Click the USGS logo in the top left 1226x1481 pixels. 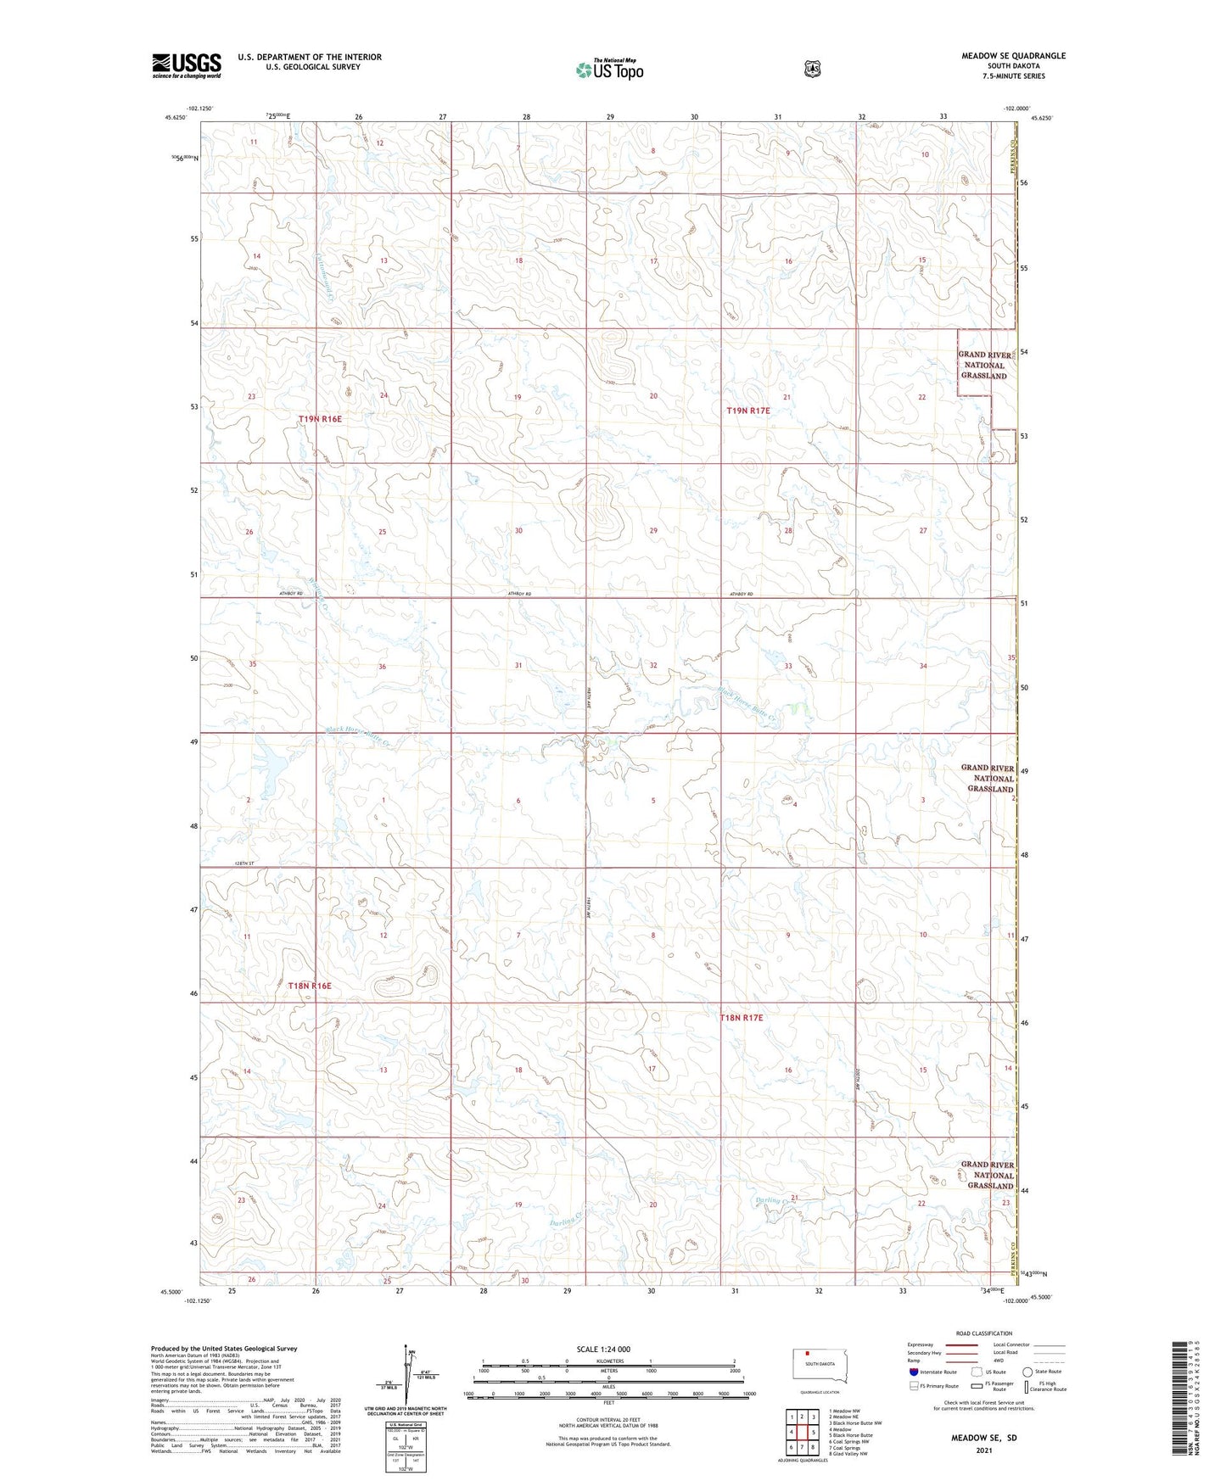tap(187, 65)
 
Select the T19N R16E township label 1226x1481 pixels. tap(320, 419)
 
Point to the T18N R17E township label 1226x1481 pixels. tap(742, 1017)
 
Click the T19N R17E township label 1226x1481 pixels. tap(747, 411)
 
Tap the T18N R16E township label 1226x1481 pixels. tap(309, 986)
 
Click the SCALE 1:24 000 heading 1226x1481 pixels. tap(602, 1350)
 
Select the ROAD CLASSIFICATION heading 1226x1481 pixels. tap(983, 1333)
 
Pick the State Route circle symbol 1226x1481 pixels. tap(1027, 1372)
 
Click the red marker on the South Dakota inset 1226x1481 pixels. tap(808, 1354)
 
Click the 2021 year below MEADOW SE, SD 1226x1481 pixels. tap(983, 1450)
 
